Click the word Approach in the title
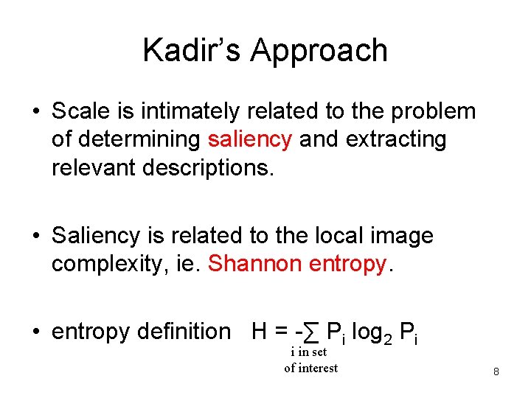click(319, 50)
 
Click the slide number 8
click(496, 372)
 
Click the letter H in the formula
click(259, 332)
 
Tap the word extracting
click(398, 139)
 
